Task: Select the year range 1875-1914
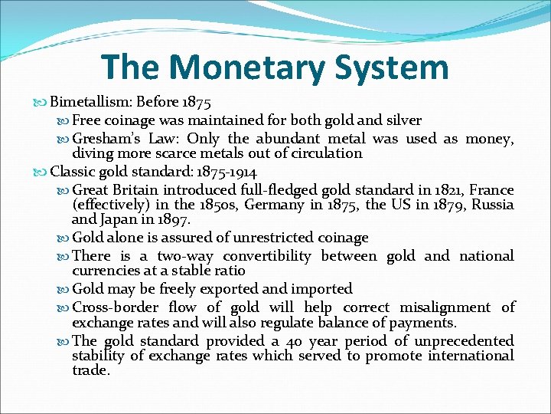click(x=227, y=172)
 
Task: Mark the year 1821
click(x=420, y=190)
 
